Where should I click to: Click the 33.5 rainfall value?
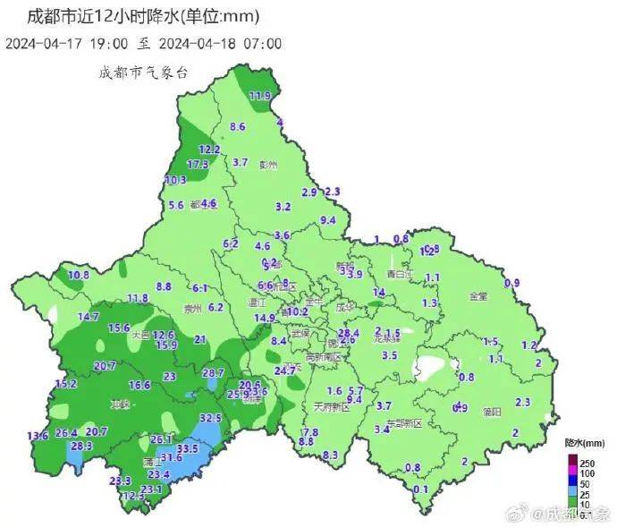point(188,448)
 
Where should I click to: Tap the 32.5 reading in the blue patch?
point(210,418)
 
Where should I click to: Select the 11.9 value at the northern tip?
point(260,96)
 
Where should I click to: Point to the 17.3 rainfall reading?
point(198,164)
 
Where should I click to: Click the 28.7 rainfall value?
point(213,372)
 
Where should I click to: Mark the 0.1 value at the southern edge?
point(421,489)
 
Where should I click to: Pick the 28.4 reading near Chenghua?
point(349,333)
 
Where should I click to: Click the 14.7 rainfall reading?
point(89,317)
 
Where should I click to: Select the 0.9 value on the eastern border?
point(512,284)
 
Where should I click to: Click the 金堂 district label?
point(478,295)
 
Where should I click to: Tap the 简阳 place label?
point(492,412)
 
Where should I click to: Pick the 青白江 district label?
point(398,274)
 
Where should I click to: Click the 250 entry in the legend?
point(587,462)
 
